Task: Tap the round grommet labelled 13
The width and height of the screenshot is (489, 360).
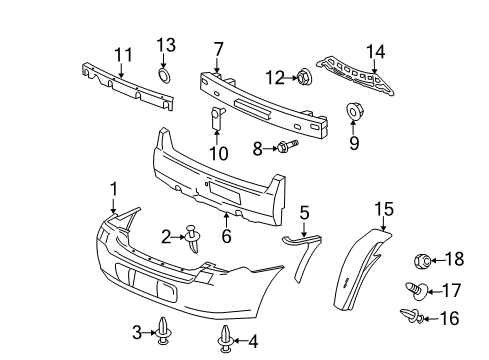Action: (x=164, y=77)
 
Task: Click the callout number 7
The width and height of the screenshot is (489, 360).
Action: (x=218, y=47)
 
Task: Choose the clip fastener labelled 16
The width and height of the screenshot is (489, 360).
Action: (x=408, y=317)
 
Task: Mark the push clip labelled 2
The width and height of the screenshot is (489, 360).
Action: (x=190, y=236)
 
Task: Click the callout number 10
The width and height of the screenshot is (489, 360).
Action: (x=218, y=153)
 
